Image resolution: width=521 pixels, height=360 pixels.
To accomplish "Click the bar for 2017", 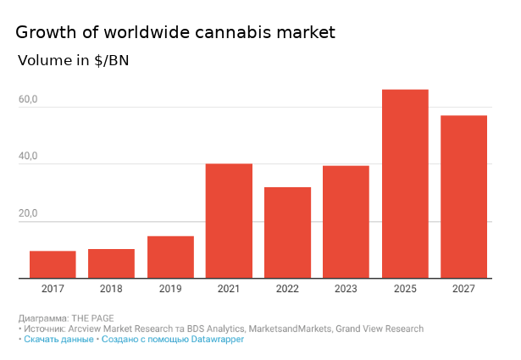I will point(53,264).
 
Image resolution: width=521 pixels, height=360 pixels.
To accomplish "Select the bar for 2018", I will point(111,263).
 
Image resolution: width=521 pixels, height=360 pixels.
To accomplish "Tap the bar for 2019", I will point(170,257).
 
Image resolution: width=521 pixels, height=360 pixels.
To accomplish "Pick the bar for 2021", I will point(229,221).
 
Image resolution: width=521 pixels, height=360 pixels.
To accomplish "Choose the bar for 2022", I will point(287,233).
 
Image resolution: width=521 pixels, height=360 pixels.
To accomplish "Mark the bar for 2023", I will point(346,222).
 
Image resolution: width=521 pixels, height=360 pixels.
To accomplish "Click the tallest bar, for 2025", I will point(405,184).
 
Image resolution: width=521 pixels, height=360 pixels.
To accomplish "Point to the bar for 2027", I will point(463,197).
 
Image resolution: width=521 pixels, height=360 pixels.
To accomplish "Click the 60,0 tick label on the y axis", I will point(29,100).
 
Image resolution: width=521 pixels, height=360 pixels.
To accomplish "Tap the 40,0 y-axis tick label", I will point(29,157).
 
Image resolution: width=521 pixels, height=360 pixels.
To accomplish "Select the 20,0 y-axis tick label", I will point(29,214).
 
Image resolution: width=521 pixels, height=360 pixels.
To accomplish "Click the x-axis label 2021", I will point(229,290).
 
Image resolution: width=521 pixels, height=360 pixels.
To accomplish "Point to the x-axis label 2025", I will point(405,290).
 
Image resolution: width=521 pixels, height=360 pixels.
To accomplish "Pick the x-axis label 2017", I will point(53,290).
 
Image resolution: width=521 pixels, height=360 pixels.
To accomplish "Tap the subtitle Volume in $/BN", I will point(74,61).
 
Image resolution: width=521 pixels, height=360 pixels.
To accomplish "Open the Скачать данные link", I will point(58,339).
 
